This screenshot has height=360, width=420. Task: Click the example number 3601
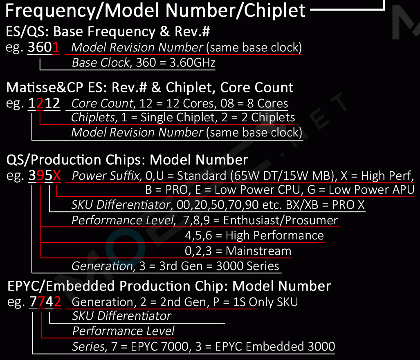pos(44,48)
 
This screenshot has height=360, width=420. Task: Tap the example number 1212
pos(44,104)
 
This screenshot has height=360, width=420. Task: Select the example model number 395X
pos(45,176)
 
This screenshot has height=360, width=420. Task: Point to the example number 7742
pos(45,302)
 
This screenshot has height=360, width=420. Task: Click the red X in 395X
pos(57,176)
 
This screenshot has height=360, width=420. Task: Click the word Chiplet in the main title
pos(275,10)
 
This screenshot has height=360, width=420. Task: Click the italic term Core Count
pos(102,103)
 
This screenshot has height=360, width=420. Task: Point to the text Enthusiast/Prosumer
pos(281,221)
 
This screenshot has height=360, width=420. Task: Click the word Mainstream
pos(258,251)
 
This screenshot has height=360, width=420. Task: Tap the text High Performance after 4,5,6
pos(274,236)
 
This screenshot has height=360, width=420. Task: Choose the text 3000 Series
pos(247,266)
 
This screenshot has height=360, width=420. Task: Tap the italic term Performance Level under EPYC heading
pos(123,331)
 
